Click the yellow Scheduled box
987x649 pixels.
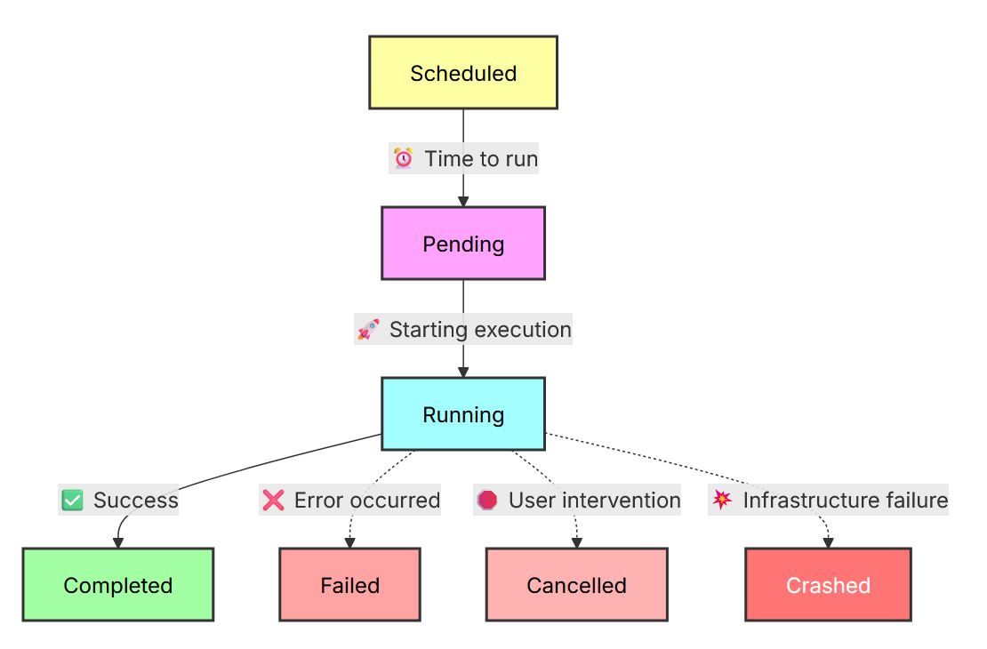[463, 72]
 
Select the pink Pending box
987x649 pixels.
[463, 243]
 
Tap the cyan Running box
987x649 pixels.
[463, 414]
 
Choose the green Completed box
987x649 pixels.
[118, 585]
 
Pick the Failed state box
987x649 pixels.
[350, 585]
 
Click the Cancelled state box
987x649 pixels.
[576, 585]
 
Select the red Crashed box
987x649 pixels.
[829, 585]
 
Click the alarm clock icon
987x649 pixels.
[404, 158]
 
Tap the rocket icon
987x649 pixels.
[368, 329]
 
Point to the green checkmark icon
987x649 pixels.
[72, 501]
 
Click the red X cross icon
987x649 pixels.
[273, 501]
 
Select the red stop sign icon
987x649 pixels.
[487, 501]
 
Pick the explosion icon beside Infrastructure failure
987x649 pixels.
[722, 500]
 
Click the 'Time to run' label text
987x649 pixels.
[482, 158]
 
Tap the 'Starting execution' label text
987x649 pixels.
[480, 329]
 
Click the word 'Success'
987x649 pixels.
[136, 501]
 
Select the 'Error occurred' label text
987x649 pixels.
[367, 501]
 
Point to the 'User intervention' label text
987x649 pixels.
[595, 501]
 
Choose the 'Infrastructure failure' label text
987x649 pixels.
[846, 501]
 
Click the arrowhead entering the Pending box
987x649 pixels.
[463, 202]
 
